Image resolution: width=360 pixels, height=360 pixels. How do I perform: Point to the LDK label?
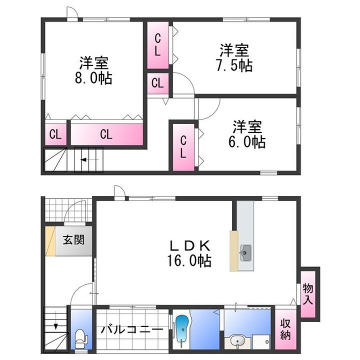tap(190, 245)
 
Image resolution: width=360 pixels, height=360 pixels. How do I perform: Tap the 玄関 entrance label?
tap(73, 239)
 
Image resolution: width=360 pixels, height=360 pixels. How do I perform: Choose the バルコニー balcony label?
tap(131, 330)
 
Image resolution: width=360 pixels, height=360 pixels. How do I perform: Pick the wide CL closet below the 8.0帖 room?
tap(106, 134)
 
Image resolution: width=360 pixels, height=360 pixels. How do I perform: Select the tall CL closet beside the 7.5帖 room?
tap(157, 45)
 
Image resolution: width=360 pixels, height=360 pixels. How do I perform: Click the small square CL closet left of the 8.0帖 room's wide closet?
tap(55, 134)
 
